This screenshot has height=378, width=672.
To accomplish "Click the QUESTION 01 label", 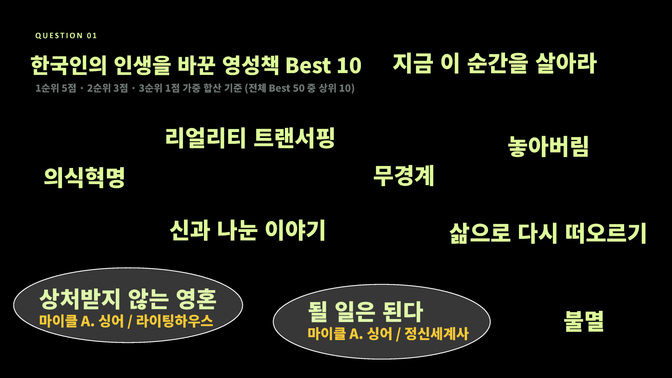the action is (66, 36).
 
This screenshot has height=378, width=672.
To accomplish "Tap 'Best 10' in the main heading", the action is (323, 65).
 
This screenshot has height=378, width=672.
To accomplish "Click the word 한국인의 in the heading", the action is (69, 65).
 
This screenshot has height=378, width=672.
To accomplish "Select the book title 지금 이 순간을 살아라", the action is (495, 63).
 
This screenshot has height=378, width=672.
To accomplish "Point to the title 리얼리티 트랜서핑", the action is (250, 138).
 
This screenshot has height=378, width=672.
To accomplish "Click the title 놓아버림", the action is (548, 146).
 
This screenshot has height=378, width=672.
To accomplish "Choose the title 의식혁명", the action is (84, 177).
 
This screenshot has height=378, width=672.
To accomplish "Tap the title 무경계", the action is (404, 176).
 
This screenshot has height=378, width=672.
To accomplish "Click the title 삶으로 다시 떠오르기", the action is (548, 233).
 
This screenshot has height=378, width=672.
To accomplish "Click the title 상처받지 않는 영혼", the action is (128, 299).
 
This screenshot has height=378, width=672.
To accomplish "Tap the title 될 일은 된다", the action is (365, 311).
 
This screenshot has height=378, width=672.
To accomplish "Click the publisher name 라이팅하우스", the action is (174, 321).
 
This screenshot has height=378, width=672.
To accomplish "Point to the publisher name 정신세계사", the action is (436, 334).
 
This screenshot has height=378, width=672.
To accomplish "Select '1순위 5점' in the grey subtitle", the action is (56, 88).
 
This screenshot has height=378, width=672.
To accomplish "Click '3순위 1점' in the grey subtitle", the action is (159, 88).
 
